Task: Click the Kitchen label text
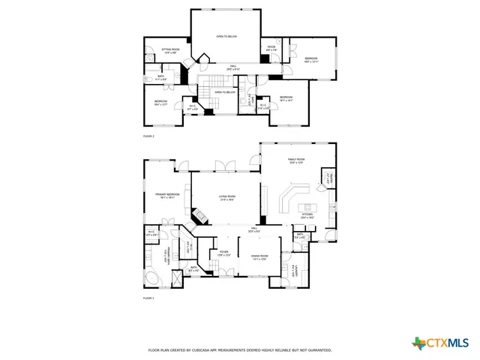(x=307, y=214)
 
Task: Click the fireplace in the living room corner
(x=199, y=217)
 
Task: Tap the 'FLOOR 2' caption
(x=148, y=136)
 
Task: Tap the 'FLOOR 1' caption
(x=148, y=298)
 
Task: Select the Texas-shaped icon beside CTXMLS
(x=418, y=343)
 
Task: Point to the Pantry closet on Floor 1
(x=328, y=178)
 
